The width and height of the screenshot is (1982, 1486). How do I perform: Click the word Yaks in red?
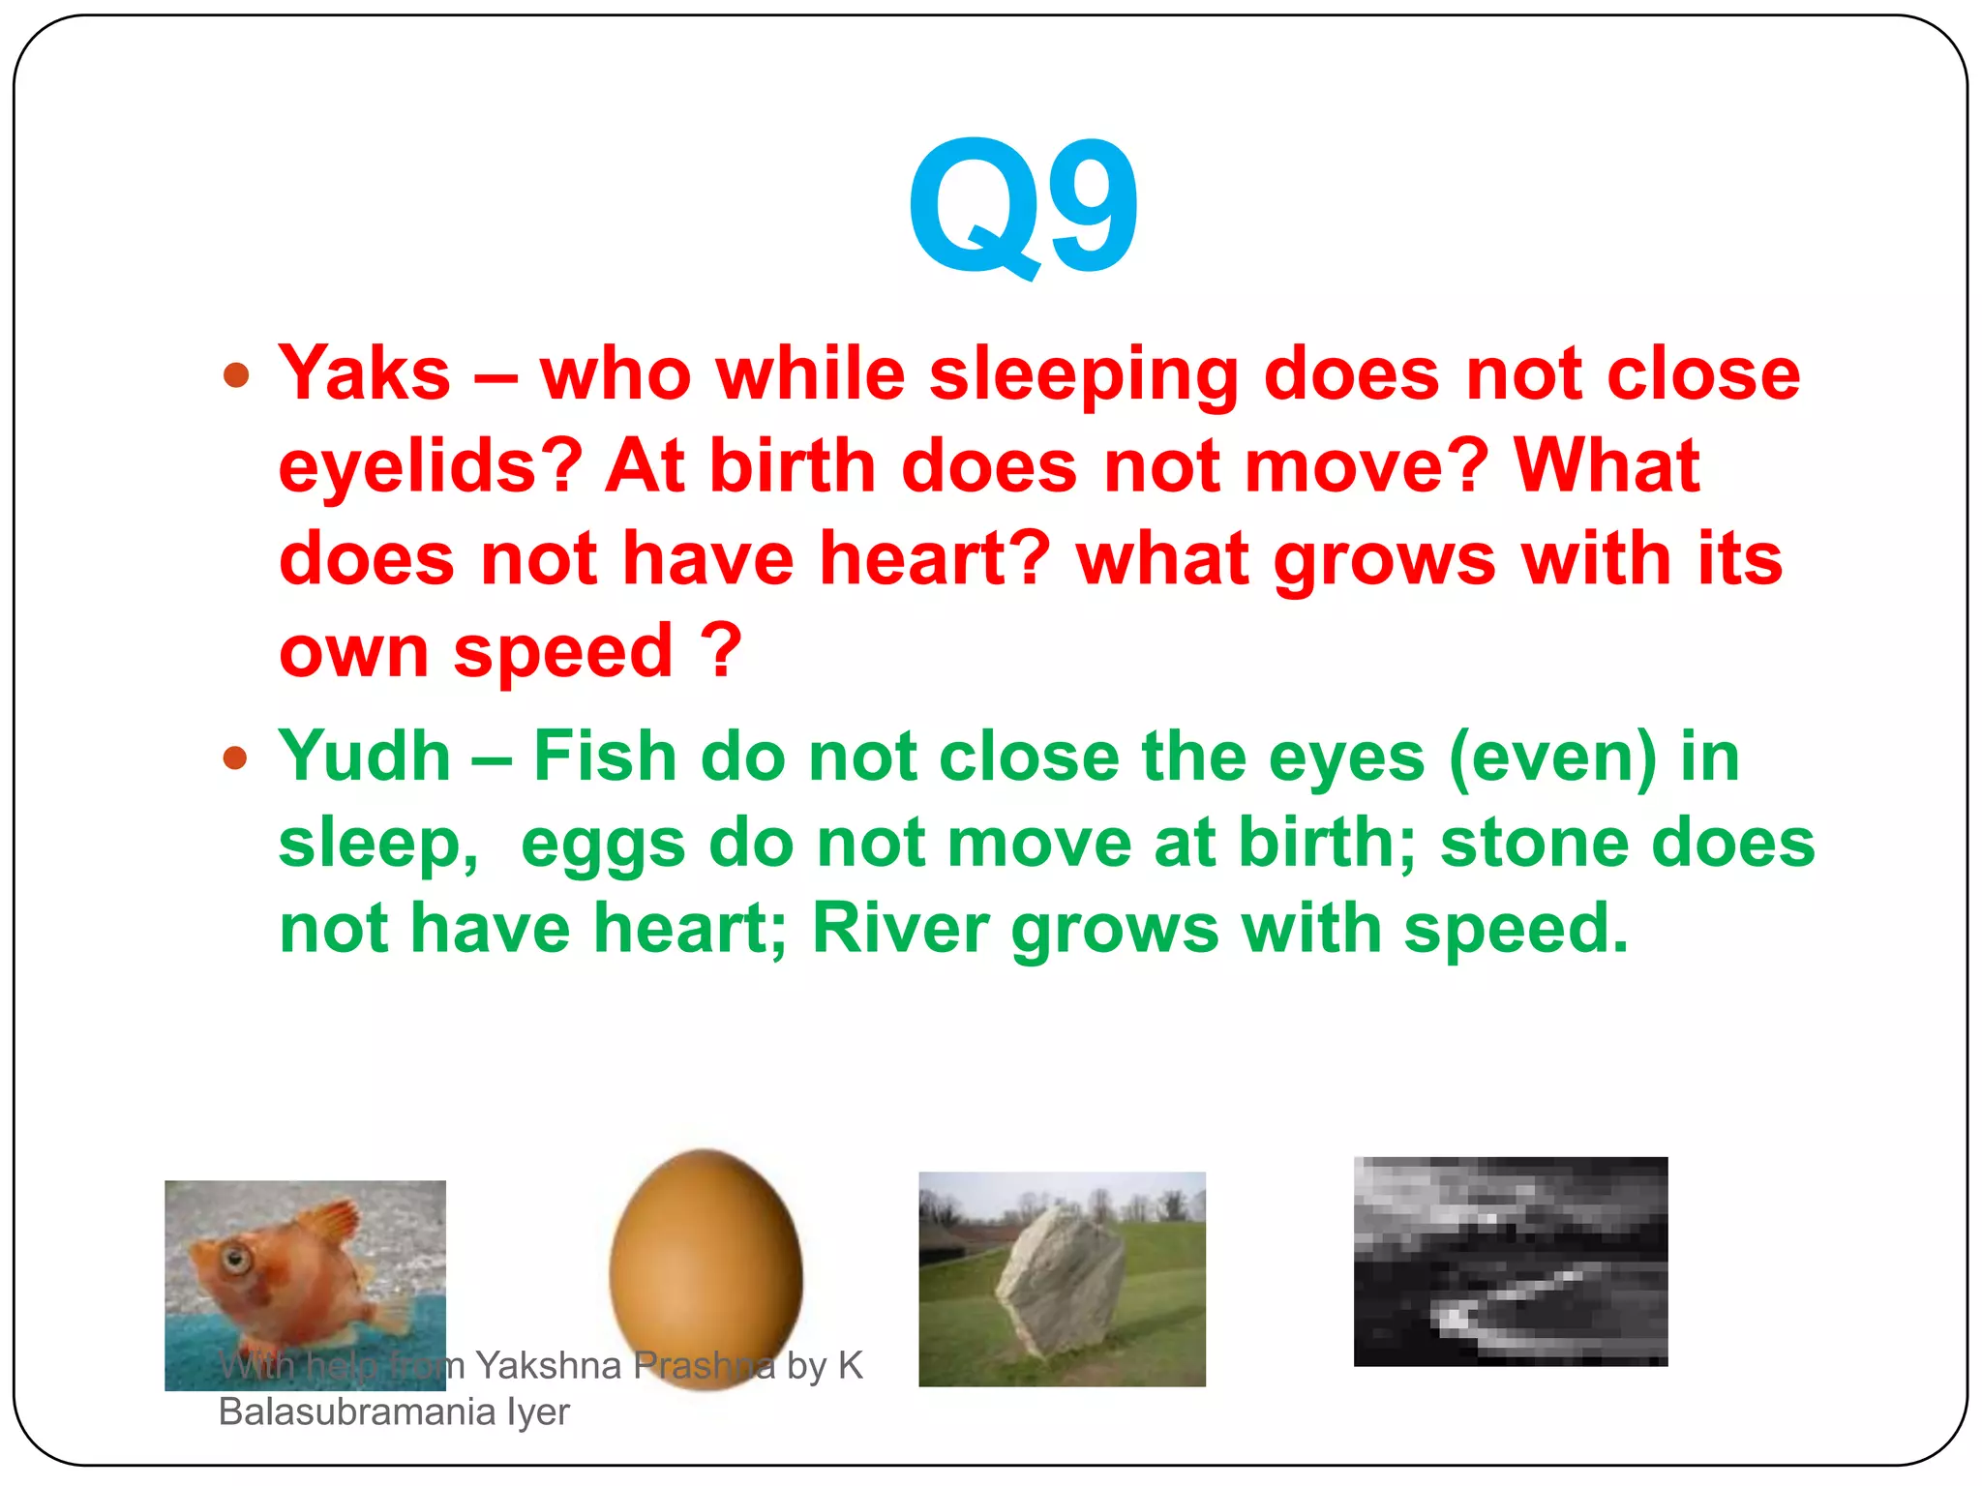pos(364,374)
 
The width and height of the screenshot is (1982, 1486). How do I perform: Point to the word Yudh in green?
pos(364,757)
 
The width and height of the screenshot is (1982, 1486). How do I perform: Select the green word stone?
pos(1534,843)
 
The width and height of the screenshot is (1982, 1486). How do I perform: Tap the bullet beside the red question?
pos(236,375)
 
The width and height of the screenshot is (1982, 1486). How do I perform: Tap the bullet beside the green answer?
pos(236,758)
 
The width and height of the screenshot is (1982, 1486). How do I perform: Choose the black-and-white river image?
pos(1510,1262)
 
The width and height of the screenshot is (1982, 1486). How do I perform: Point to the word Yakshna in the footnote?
pos(548,1366)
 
